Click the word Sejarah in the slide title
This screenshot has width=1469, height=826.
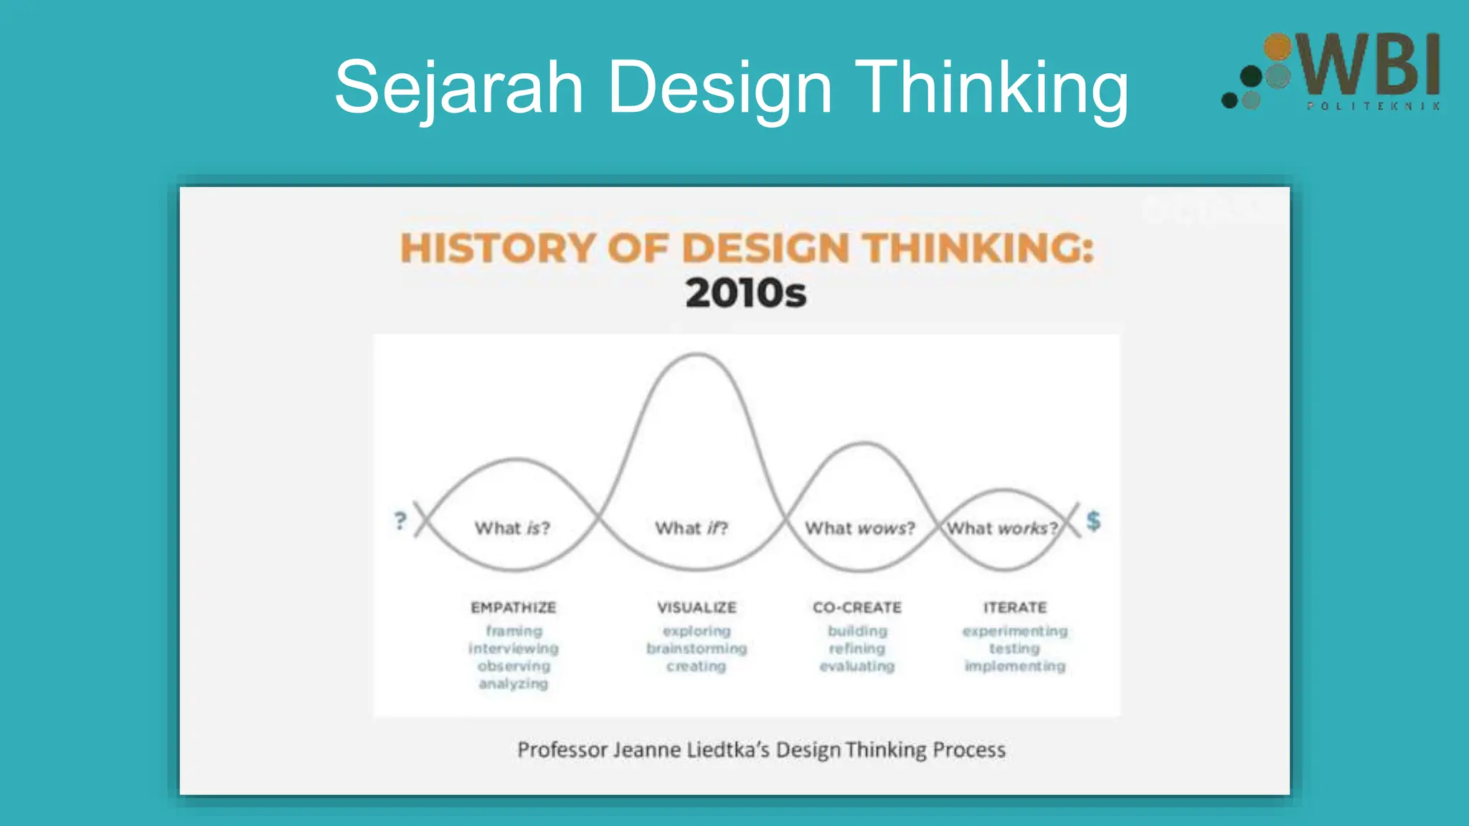click(x=459, y=87)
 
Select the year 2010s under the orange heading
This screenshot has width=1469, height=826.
click(x=746, y=293)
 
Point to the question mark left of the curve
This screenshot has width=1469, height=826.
click(x=400, y=521)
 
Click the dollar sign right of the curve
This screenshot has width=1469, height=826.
click(x=1093, y=521)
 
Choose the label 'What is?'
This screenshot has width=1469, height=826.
click(x=512, y=528)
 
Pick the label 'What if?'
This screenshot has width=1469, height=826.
click(x=691, y=528)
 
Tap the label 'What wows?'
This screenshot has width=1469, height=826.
click(x=860, y=528)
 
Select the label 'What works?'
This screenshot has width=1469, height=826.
click(x=1002, y=528)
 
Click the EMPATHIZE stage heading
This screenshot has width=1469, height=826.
click(x=514, y=607)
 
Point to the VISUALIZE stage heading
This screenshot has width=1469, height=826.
click(x=696, y=607)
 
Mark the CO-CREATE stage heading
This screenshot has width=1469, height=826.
click(x=857, y=607)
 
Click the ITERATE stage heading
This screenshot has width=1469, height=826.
click(x=1015, y=607)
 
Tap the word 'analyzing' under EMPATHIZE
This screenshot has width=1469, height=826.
click(x=514, y=684)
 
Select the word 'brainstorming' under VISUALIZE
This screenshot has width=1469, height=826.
click(x=696, y=649)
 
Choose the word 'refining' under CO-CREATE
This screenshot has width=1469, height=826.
click(x=857, y=649)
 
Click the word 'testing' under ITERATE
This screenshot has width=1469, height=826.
click(x=1014, y=649)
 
